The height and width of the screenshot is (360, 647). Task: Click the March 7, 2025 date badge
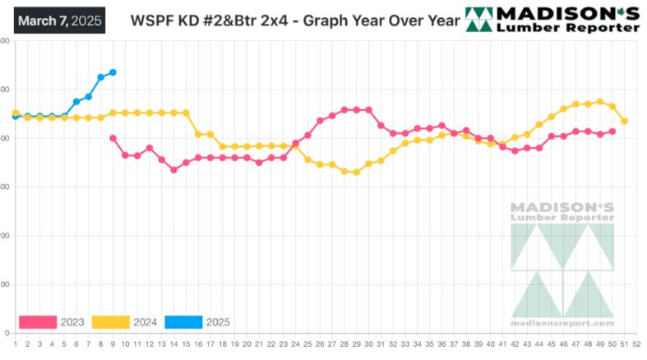(x=58, y=20)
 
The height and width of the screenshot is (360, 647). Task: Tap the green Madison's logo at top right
(x=552, y=19)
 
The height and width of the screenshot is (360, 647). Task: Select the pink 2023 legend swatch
(x=38, y=321)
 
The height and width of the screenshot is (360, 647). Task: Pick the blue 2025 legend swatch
(x=184, y=321)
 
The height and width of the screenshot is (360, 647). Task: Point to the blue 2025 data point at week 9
(x=113, y=72)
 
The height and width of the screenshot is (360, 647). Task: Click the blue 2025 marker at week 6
(x=76, y=101)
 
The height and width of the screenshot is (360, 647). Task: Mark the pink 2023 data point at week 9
(x=113, y=138)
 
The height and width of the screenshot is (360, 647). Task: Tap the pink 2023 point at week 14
(x=173, y=169)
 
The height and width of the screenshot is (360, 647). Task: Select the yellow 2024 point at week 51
(x=625, y=121)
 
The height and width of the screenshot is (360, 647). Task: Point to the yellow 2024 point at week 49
(x=600, y=102)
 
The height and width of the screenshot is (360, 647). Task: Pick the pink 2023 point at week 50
(x=612, y=132)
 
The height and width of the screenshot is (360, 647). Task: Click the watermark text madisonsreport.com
(x=562, y=323)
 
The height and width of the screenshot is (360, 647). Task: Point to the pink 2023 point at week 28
(x=344, y=109)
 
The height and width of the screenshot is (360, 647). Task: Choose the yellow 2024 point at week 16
(x=198, y=134)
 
